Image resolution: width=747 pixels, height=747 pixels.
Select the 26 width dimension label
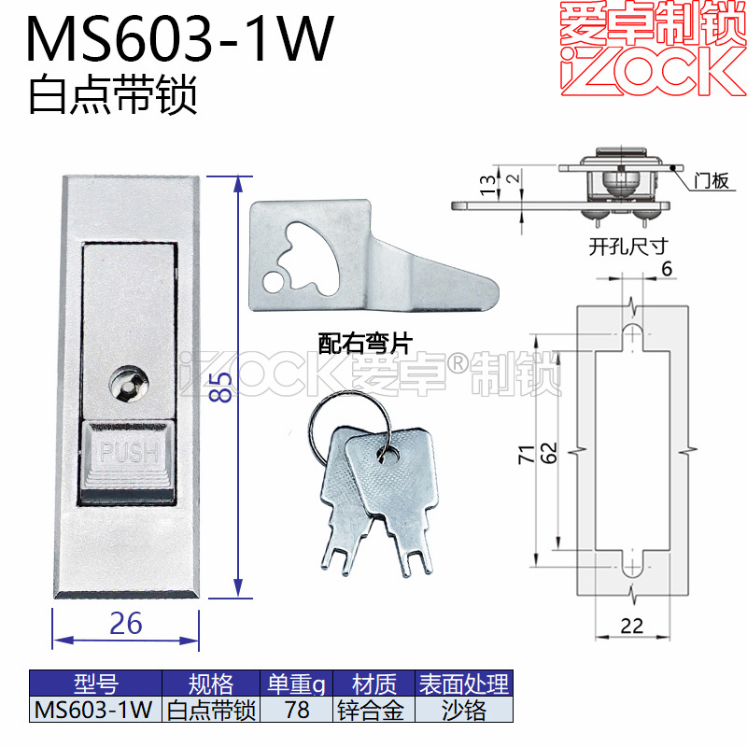(x=125, y=622)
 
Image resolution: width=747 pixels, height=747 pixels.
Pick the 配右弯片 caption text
(x=364, y=345)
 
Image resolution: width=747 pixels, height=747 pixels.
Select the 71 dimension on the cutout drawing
(x=526, y=454)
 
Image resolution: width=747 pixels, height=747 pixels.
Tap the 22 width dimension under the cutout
(x=632, y=626)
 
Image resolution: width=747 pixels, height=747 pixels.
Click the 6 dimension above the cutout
(x=666, y=268)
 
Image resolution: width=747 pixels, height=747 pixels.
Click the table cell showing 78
(x=297, y=711)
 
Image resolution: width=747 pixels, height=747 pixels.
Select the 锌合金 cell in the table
(x=372, y=711)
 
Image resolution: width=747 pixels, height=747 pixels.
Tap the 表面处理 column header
(x=464, y=684)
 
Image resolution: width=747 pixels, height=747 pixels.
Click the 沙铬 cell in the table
(x=464, y=711)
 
